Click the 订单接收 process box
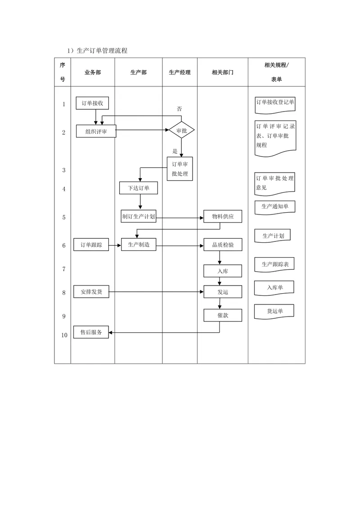(93, 103)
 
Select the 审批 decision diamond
(182, 130)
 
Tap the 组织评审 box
(96, 131)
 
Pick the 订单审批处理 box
(180, 169)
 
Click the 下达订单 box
(139, 188)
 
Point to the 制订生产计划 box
(139, 217)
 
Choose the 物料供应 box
(223, 217)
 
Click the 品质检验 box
(223, 245)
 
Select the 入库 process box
(223, 271)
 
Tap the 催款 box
(223, 315)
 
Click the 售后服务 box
(91, 332)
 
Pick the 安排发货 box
(91, 292)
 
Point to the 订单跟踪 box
(91, 245)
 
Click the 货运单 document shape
(274, 311)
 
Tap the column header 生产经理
(180, 72)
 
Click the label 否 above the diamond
(180, 109)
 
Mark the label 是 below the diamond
(175, 151)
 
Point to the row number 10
(64, 335)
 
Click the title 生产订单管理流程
(102, 51)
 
